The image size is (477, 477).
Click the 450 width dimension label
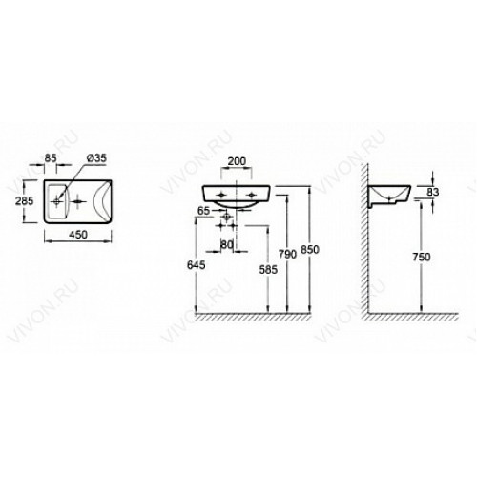(78, 235)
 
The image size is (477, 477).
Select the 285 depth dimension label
(24, 201)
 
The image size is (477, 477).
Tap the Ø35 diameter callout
(96, 158)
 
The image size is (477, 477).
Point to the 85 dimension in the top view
(51, 158)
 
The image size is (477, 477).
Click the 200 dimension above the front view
(237, 161)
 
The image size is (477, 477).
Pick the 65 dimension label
(204, 211)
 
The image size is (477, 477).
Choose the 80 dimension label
(227, 244)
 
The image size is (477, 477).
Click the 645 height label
(197, 265)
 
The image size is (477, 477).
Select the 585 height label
(268, 270)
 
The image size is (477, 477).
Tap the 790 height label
(287, 254)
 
